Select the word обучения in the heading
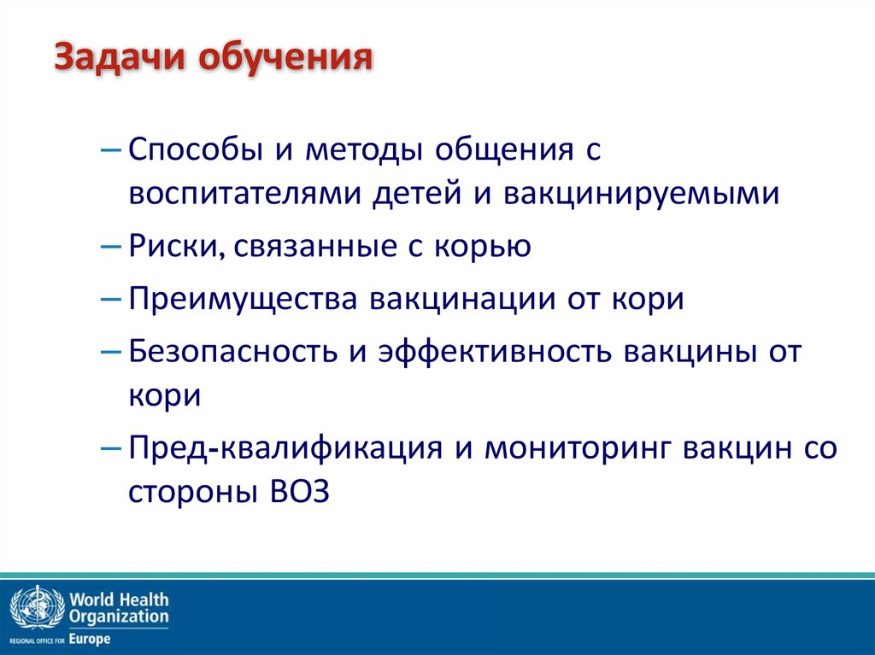pyautogui.click(x=285, y=57)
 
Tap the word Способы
pyautogui.click(x=196, y=149)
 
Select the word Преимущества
pyautogui.click(x=243, y=300)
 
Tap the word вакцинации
pyautogui.click(x=462, y=300)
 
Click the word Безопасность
pyautogui.click(x=233, y=352)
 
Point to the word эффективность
pyautogui.click(x=495, y=352)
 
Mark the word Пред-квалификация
pyautogui.click(x=285, y=448)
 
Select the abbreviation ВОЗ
pyautogui.click(x=300, y=492)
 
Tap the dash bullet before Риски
pyautogui.click(x=110, y=246)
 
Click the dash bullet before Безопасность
pyautogui.click(x=110, y=352)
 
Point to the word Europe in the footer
pyautogui.click(x=90, y=639)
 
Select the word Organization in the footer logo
pyautogui.click(x=119, y=617)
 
